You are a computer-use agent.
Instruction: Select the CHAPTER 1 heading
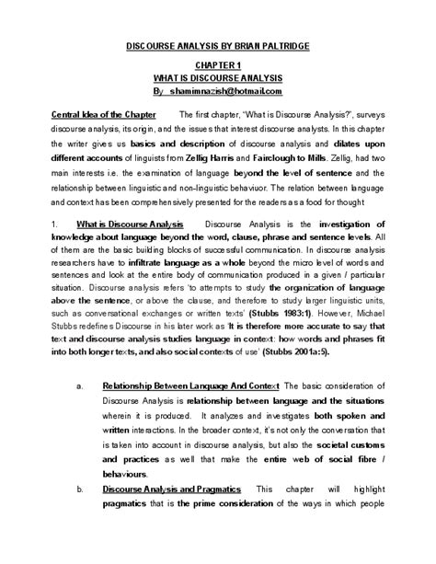[218, 67]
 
